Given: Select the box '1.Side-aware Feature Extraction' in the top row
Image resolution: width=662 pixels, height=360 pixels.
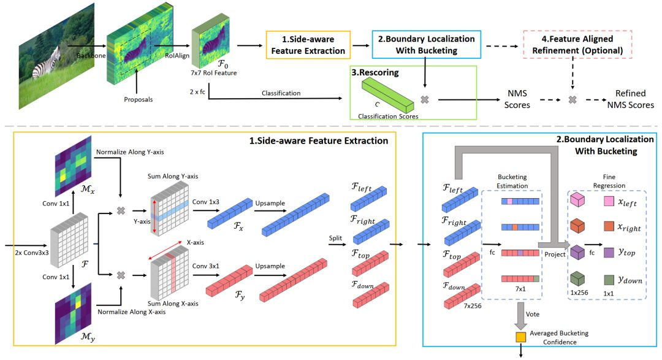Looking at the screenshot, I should tap(308, 45).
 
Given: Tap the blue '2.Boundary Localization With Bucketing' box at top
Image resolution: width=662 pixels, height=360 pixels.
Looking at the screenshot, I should tap(426, 45).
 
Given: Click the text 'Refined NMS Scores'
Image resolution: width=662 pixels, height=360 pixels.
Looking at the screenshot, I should tap(631, 99).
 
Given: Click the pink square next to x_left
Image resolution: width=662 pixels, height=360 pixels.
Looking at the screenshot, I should tap(609, 201).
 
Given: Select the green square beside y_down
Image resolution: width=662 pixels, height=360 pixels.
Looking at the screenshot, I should tap(609, 279).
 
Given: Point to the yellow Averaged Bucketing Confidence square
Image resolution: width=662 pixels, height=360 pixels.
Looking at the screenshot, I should tap(521, 337).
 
